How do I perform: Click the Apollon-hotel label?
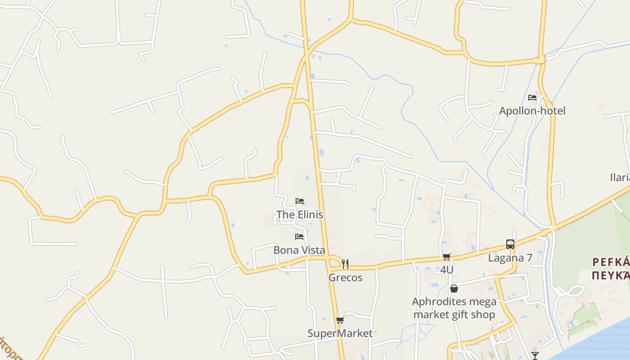(x=532, y=111)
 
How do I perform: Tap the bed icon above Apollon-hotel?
(x=532, y=98)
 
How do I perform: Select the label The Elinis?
(x=300, y=215)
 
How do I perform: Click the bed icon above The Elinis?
(x=300, y=201)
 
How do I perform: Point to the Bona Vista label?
(x=299, y=250)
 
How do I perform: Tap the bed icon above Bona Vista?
(x=299, y=237)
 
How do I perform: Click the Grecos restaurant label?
(x=345, y=278)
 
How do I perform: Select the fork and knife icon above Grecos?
(x=345, y=264)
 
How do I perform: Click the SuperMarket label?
(x=340, y=333)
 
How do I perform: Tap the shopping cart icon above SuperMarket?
(x=340, y=320)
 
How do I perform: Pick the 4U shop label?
(x=446, y=270)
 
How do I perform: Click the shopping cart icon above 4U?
(x=446, y=257)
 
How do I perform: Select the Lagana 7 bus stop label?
(x=510, y=258)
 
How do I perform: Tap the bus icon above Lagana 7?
(x=510, y=244)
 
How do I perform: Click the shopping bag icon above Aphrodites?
(x=454, y=288)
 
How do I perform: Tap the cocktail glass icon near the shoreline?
(x=535, y=356)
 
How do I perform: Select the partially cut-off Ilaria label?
(x=620, y=177)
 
